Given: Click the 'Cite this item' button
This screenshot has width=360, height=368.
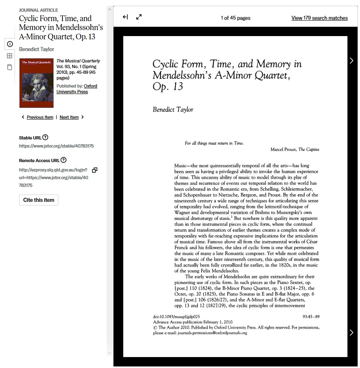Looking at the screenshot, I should coord(39,200).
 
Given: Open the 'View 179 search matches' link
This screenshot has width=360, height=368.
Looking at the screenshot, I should coord(319,18).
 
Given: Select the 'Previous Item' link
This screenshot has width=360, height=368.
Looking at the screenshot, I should coord(40,117).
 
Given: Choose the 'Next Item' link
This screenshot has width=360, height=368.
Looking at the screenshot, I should coord(69,117).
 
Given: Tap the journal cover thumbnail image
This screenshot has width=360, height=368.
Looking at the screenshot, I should coord(36,83).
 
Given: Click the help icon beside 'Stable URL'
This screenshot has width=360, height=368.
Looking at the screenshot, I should coord(45,137).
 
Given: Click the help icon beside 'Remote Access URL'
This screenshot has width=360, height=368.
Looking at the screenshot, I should coord(64,160).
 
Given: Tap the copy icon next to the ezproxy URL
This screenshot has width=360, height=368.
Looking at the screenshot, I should coord(94,170).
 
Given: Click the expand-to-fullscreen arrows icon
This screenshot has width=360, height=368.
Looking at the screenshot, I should coord(139,17).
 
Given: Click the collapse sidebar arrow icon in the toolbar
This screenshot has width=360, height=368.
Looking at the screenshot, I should coord(125,17).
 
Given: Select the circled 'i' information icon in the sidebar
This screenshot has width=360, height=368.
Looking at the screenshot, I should coord(10,44).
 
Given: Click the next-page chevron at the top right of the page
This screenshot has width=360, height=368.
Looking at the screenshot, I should coord(351,60).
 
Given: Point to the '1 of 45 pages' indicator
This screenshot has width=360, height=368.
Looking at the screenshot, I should coord(236,18).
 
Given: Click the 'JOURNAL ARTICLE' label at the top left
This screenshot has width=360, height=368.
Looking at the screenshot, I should coord(39,10).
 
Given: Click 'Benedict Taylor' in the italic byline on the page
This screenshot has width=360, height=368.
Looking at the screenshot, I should coord(173,109).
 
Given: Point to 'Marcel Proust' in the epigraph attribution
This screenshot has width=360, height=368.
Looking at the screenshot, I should coord(283,150).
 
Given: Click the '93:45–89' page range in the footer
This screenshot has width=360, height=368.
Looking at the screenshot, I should coord(311,317).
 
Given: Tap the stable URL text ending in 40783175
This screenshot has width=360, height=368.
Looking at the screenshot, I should coord(56,146).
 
